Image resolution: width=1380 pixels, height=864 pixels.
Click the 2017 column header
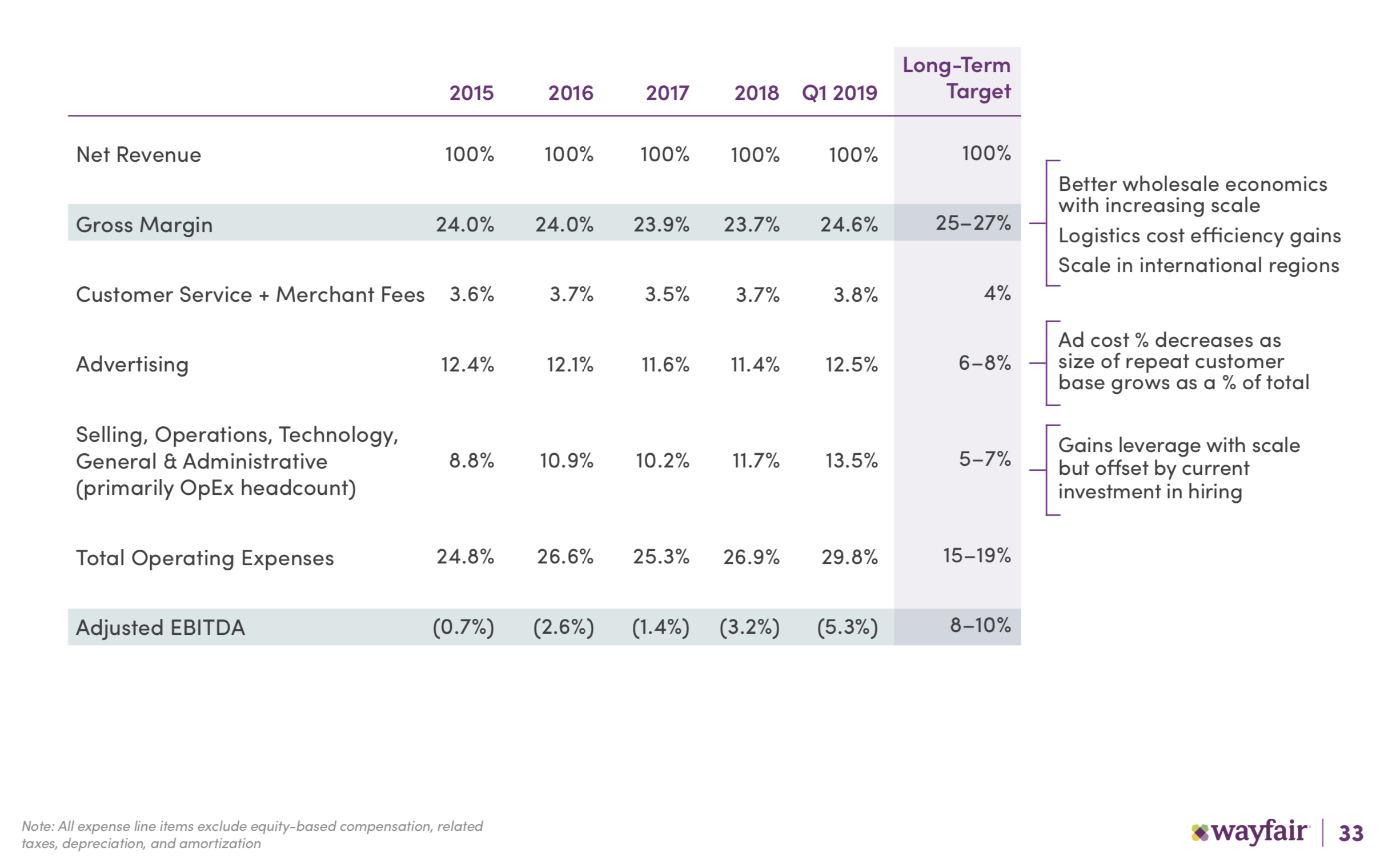pos(667,93)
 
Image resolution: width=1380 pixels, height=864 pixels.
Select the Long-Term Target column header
pos(957,78)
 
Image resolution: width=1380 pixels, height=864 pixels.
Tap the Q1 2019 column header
pos(839,93)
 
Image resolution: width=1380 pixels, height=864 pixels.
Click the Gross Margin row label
pos(144,225)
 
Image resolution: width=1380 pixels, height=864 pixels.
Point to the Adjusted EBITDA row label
pos(160,627)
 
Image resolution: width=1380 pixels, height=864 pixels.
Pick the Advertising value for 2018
pos(755,364)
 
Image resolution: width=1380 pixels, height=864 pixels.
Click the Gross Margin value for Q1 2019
pos(849,224)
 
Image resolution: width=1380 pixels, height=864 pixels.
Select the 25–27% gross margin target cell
pos(973,222)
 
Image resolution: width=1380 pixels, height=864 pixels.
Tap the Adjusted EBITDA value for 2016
pos(563,627)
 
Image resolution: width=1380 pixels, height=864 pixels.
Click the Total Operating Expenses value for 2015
pos(465,557)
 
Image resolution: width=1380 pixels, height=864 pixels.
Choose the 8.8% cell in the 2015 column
pos(471,460)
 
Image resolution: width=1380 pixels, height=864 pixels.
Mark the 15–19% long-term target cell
pos(976,555)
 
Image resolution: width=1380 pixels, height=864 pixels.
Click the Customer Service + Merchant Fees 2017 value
pos(667,294)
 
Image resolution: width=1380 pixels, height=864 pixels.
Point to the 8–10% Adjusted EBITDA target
pos(980,625)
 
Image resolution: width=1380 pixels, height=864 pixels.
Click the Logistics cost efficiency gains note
pos(1199,235)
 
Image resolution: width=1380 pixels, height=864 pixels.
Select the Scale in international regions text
pos(1198,265)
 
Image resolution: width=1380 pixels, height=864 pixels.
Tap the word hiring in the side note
pos(1214,491)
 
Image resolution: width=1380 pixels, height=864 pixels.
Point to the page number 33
pos(1351,833)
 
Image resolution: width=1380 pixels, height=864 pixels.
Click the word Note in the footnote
pos(37,826)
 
